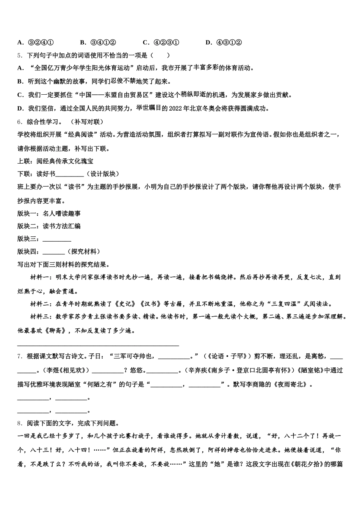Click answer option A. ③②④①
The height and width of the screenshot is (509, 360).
coord(36,42)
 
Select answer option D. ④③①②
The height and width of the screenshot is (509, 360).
coord(223,42)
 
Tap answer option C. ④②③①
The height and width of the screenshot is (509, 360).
coord(161,42)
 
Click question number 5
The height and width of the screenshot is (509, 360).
coord(20,55)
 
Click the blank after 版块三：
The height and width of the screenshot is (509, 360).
coord(57,239)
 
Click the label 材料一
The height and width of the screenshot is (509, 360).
coord(40,278)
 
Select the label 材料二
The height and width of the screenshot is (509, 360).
coord(40,304)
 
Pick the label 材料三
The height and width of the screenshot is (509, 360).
coord(40,317)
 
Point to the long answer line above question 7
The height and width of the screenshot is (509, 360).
coord(98,345)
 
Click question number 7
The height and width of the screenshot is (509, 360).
coord(20,356)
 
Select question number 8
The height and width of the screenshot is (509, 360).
coord(20,423)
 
